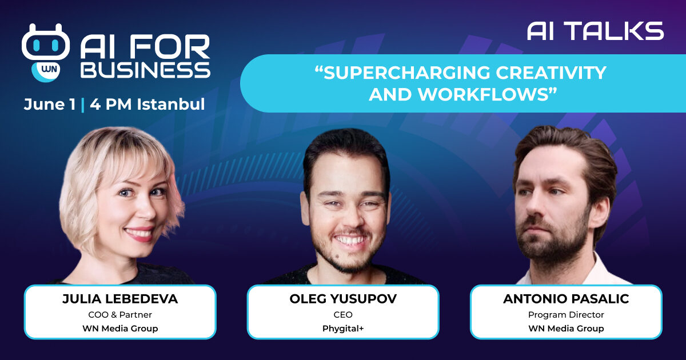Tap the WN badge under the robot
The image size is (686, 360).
(x=46, y=71)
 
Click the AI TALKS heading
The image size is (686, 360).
(x=595, y=31)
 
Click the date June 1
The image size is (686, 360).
(x=50, y=105)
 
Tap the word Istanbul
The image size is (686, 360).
(x=171, y=104)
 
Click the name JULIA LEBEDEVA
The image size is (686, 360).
(x=120, y=299)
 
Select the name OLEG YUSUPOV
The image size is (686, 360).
(x=343, y=299)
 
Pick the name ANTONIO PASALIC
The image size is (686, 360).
(x=566, y=299)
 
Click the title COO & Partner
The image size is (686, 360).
(x=120, y=315)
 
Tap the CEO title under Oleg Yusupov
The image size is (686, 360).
(x=343, y=315)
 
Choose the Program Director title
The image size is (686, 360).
(x=566, y=315)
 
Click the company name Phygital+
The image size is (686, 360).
(x=343, y=329)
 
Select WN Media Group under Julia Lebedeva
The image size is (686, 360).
(x=120, y=329)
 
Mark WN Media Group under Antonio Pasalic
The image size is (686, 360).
(x=566, y=329)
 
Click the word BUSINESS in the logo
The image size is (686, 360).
(x=145, y=70)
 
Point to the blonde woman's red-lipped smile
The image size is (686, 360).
(x=139, y=234)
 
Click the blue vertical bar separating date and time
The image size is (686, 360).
(x=83, y=105)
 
